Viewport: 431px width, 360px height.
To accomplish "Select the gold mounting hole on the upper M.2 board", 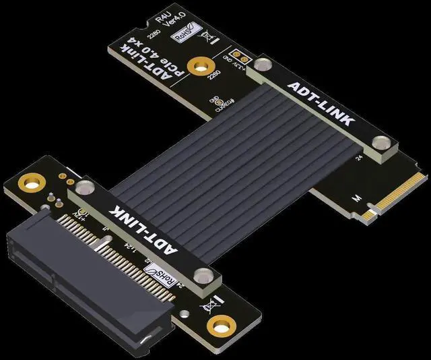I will [x=199, y=66].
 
